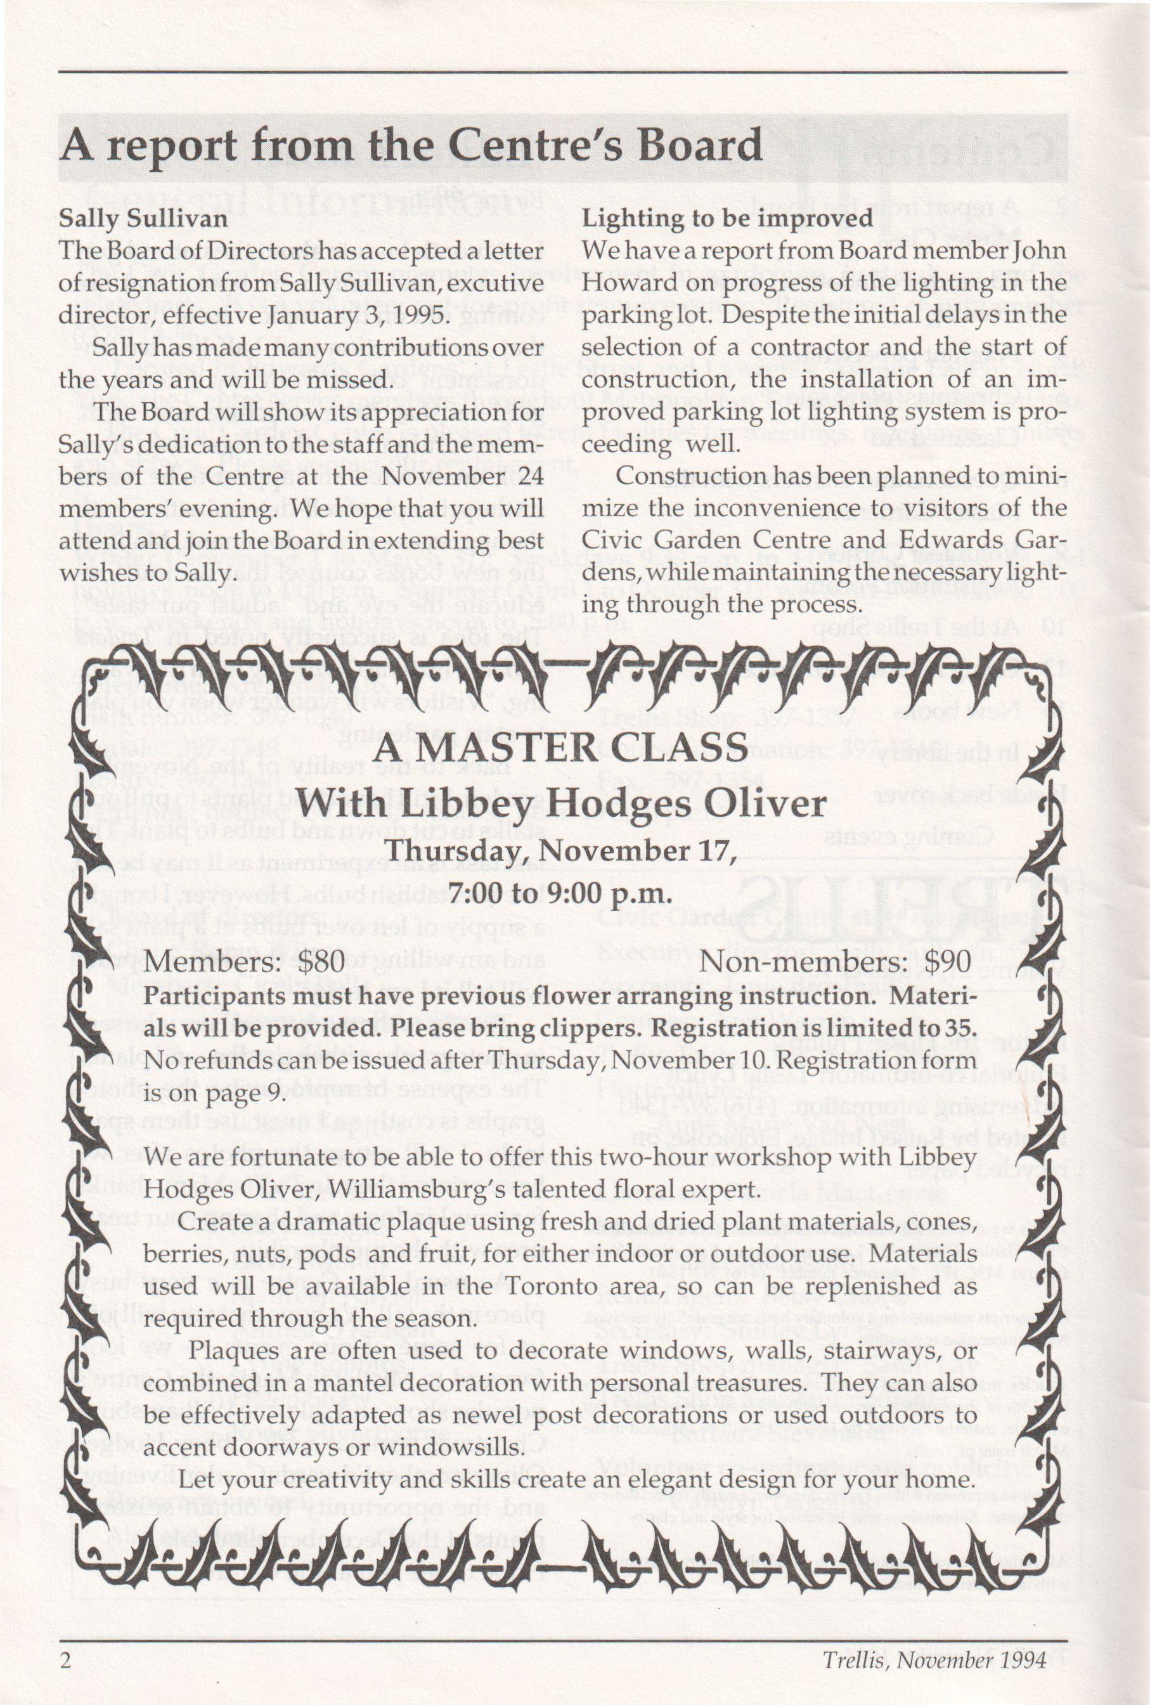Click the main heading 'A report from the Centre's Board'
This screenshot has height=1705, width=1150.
click(411, 145)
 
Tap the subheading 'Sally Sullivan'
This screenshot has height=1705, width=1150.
click(143, 219)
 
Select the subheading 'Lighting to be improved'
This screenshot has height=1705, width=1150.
click(727, 219)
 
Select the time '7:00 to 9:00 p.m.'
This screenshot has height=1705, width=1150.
click(560, 894)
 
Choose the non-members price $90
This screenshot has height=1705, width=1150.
click(947, 961)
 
